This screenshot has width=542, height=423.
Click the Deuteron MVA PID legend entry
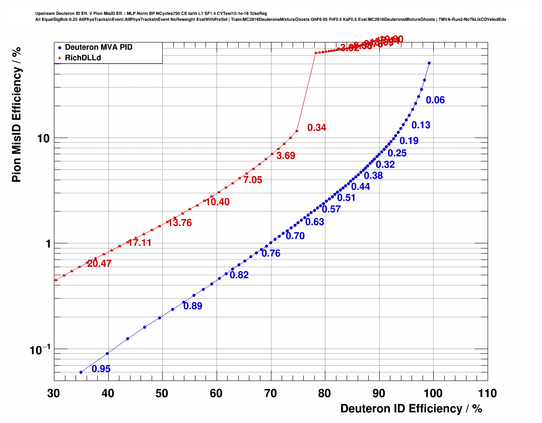(x=98, y=48)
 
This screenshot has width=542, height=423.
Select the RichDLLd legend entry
(x=83, y=58)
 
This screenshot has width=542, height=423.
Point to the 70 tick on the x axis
(x=271, y=393)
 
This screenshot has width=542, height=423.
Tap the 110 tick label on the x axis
(x=487, y=393)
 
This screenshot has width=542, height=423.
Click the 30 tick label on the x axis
(x=54, y=393)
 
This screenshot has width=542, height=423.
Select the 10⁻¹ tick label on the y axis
(x=40, y=350)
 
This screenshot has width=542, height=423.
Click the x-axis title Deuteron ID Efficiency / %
(x=411, y=409)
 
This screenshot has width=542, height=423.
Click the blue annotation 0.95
(x=101, y=369)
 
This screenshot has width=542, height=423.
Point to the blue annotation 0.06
(x=435, y=100)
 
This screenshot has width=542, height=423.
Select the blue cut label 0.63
(x=315, y=222)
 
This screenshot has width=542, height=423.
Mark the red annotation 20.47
(x=99, y=264)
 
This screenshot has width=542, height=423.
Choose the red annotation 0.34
(x=317, y=128)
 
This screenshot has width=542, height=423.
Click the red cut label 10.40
(x=218, y=202)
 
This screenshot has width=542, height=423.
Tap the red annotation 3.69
(x=286, y=156)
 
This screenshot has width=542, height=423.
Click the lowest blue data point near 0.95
(x=81, y=372)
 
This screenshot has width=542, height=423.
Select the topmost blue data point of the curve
(x=429, y=63)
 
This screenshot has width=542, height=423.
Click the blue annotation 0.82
(x=239, y=275)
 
